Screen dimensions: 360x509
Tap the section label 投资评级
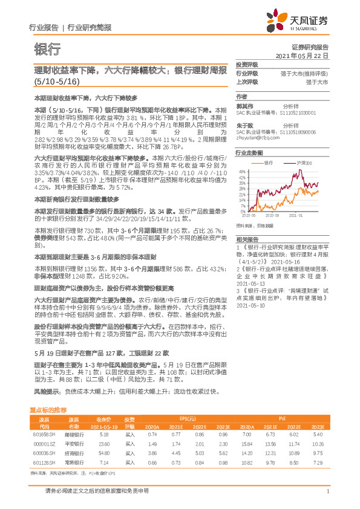coord(247,64)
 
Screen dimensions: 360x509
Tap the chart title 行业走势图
coord(249,154)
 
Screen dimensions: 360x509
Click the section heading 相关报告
coord(247,239)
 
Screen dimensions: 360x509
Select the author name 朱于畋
coord(244,126)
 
